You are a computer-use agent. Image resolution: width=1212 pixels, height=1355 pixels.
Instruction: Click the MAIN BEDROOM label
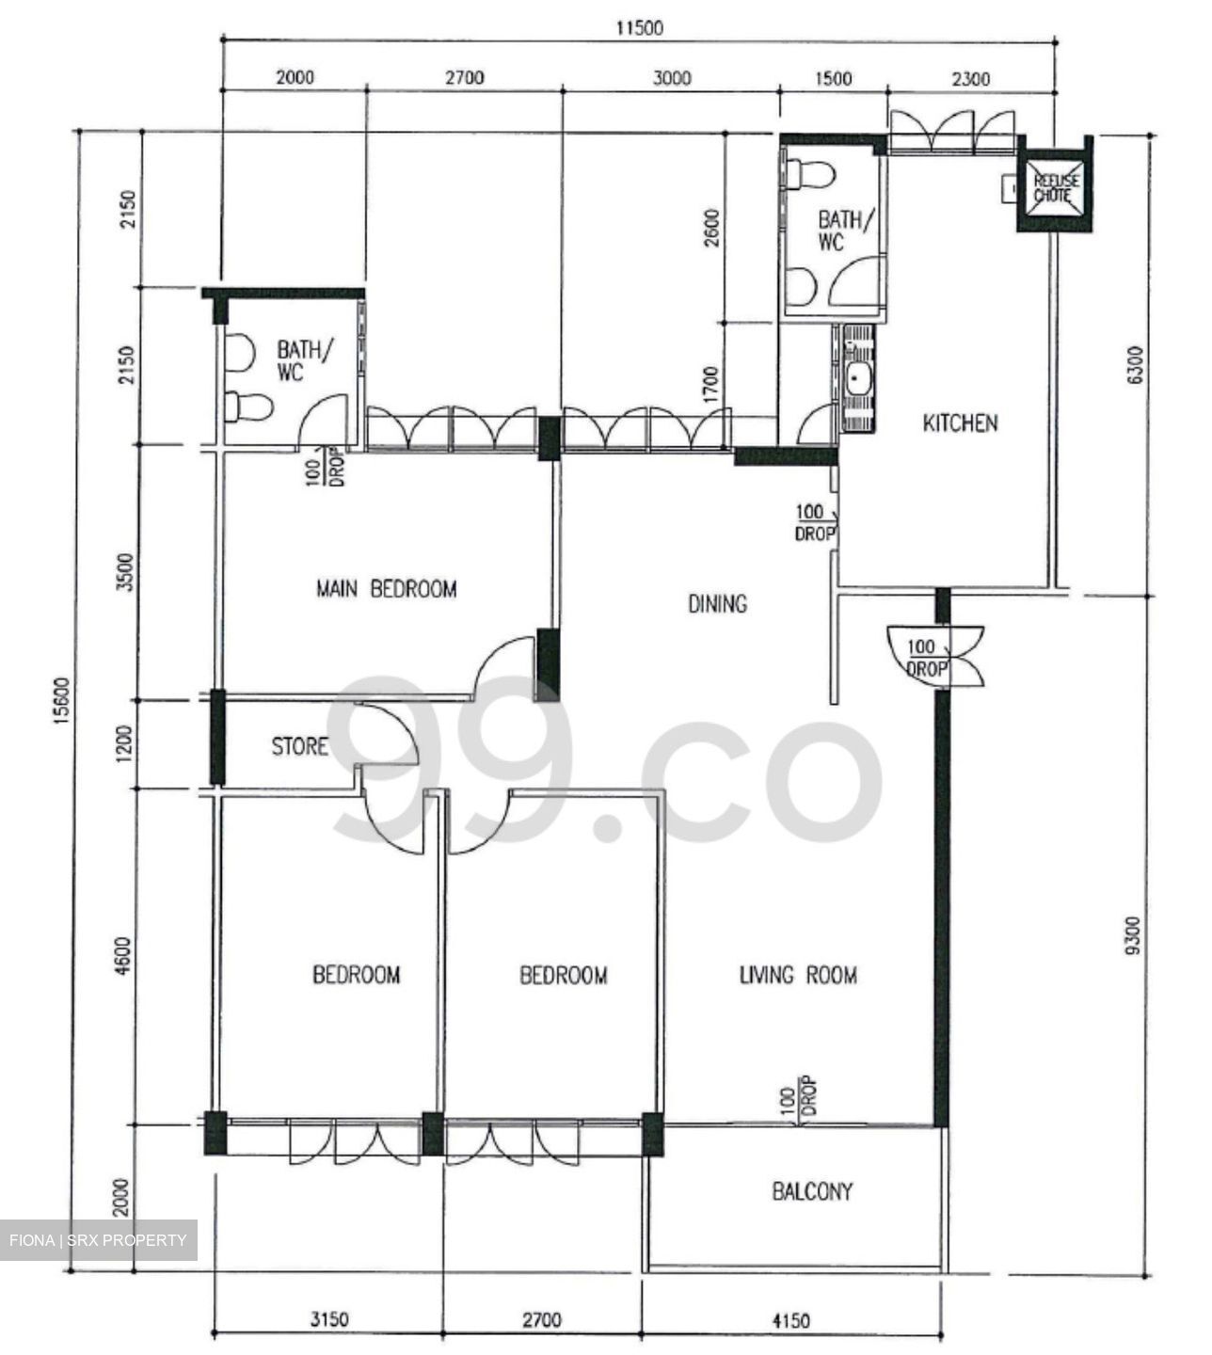coord(386,590)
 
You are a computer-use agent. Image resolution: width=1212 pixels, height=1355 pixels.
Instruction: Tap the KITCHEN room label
coord(959,423)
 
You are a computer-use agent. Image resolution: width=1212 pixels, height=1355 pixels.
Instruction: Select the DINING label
coord(717,603)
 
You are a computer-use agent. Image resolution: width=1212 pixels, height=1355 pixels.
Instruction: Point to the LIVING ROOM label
coord(798,975)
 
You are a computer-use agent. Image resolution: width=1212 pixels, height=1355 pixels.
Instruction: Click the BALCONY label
coord(812,1192)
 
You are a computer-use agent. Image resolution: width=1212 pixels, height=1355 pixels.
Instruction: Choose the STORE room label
coord(300,747)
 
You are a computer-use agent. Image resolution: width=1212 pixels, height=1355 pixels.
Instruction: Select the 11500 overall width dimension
coord(639,28)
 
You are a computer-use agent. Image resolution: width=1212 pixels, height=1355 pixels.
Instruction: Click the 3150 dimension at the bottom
coord(329,1320)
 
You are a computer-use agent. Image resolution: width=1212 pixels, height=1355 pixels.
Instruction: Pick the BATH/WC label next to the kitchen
coord(838,231)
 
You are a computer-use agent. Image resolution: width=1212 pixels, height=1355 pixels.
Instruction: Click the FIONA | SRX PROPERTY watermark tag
coord(99,1240)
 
